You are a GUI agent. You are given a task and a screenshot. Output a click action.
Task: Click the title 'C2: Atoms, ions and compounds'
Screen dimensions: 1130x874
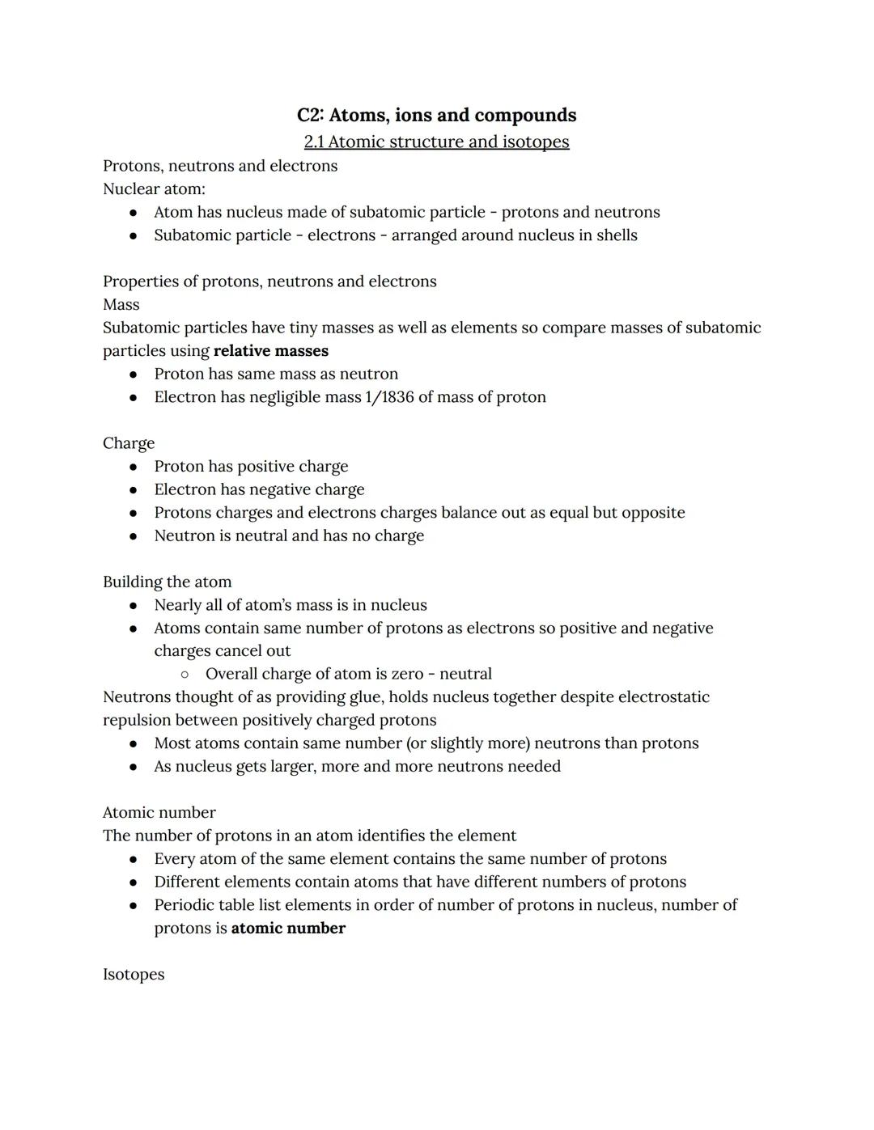point(436,115)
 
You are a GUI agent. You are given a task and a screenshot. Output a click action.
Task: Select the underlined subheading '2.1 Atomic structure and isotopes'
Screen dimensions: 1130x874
point(436,142)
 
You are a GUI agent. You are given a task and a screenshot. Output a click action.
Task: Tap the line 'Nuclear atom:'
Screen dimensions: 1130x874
point(154,188)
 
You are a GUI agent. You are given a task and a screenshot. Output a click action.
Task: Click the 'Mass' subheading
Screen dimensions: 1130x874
point(121,305)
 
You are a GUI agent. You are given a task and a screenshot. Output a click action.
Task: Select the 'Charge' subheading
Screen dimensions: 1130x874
point(129,443)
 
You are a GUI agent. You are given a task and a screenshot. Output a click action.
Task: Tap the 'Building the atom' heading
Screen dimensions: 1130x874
point(167,582)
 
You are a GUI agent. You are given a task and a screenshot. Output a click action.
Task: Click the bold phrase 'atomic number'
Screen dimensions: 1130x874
point(288,929)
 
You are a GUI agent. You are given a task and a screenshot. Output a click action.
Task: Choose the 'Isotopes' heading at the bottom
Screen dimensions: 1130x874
point(134,975)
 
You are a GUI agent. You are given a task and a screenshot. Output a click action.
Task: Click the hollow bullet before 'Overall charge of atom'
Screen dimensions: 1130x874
point(185,675)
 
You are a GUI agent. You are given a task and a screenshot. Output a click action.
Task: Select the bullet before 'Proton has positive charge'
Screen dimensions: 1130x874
point(134,467)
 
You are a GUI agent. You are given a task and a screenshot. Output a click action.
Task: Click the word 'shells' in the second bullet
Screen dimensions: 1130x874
point(617,235)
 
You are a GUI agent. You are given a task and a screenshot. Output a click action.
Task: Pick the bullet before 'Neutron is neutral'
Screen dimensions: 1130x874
point(134,536)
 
